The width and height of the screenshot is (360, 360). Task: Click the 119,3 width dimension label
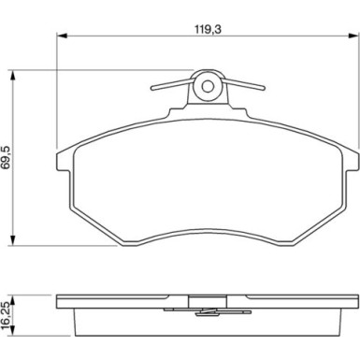(208, 29)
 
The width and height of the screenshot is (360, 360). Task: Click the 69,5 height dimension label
(7, 157)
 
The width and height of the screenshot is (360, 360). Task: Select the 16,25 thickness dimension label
(7, 315)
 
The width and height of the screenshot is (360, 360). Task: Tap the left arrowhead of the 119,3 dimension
(62, 36)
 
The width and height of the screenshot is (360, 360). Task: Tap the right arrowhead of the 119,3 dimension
(353, 36)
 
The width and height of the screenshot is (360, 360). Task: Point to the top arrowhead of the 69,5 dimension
(13, 76)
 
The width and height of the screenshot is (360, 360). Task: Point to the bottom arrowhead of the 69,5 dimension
(13, 240)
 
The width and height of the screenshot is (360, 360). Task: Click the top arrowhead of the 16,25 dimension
(13, 300)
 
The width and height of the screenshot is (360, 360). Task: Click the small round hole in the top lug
(208, 86)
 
